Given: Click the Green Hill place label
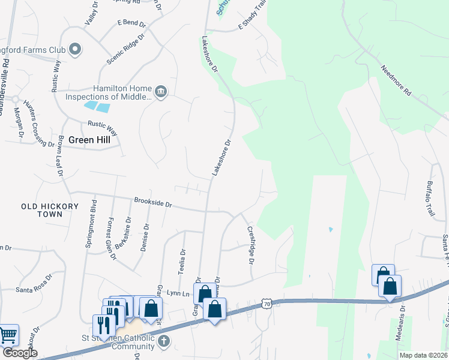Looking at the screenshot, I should [x=89, y=140].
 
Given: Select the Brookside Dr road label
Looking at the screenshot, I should [x=153, y=203].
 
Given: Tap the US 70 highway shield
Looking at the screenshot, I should [x=266, y=305].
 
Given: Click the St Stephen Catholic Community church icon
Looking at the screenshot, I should [x=164, y=341].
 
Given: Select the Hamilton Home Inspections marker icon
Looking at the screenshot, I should [x=160, y=92].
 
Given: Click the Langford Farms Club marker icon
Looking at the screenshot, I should [x=75, y=49].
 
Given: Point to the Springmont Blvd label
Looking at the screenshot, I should [x=93, y=228].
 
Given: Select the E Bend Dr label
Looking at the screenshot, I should [x=131, y=24].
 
